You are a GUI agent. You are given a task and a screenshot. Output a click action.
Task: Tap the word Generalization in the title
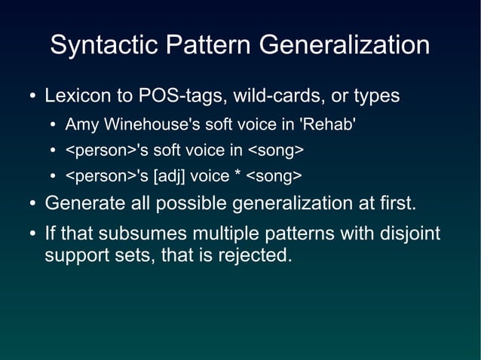[x=345, y=45]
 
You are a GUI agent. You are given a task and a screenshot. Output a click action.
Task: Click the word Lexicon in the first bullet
[x=72, y=97]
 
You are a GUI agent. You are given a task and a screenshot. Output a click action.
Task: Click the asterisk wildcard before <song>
[x=238, y=176]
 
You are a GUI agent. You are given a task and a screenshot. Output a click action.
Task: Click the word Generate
[x=79, y=203]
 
